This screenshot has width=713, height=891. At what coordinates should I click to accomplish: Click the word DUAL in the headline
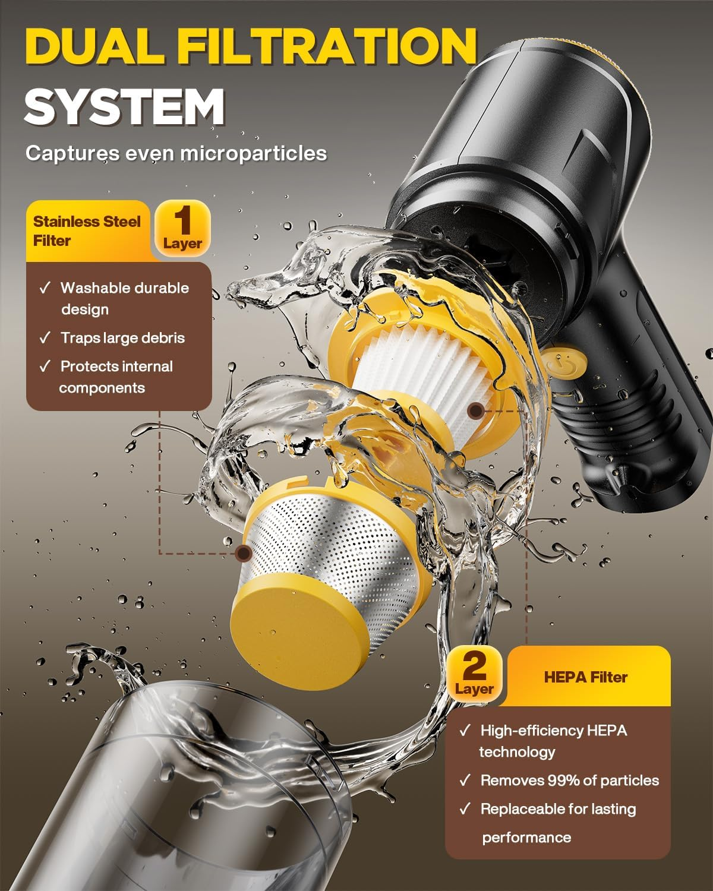coord(96,46)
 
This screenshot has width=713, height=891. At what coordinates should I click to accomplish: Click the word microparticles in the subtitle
coord(254,154)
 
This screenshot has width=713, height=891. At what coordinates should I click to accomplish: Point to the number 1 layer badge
coord(182,228)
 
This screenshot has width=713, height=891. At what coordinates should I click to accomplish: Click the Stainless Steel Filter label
coord(87,230)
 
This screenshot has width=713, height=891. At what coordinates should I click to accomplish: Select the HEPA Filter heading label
coord(585,678)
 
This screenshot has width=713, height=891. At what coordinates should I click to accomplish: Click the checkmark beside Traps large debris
coord(45,338)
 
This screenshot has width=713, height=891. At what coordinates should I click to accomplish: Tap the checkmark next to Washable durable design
coord(45,287)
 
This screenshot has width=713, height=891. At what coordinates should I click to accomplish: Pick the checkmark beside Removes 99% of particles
coord(465,781)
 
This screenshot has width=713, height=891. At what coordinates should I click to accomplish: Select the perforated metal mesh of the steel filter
coord(336,546)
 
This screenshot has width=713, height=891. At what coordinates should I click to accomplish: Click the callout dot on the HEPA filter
coord(476,410)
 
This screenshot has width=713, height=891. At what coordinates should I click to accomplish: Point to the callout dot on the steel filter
coord(243,553)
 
